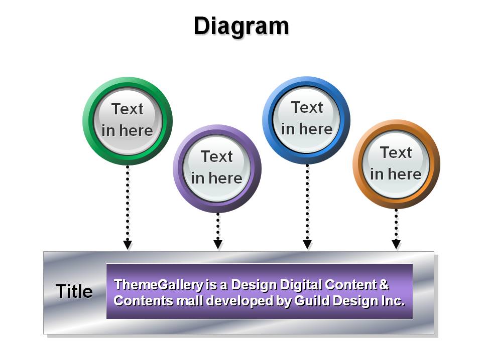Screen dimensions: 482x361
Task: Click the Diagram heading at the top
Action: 242,27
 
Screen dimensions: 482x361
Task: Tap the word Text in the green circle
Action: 127,109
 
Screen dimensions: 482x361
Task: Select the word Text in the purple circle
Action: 217,156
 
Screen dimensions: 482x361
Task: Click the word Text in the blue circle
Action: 307,107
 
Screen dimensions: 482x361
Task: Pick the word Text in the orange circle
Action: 396,152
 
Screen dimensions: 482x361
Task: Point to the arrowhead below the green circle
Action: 128,245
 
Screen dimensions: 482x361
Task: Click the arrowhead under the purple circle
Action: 218,244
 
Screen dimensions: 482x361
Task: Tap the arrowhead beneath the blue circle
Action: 307,244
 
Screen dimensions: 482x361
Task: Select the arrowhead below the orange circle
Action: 396,244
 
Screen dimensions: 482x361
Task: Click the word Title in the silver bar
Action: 74,291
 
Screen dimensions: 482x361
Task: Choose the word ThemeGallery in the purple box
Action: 159,285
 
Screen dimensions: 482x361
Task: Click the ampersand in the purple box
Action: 384,284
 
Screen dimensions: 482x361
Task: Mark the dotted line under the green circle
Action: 128,203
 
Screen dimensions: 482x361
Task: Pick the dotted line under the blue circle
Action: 307,203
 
